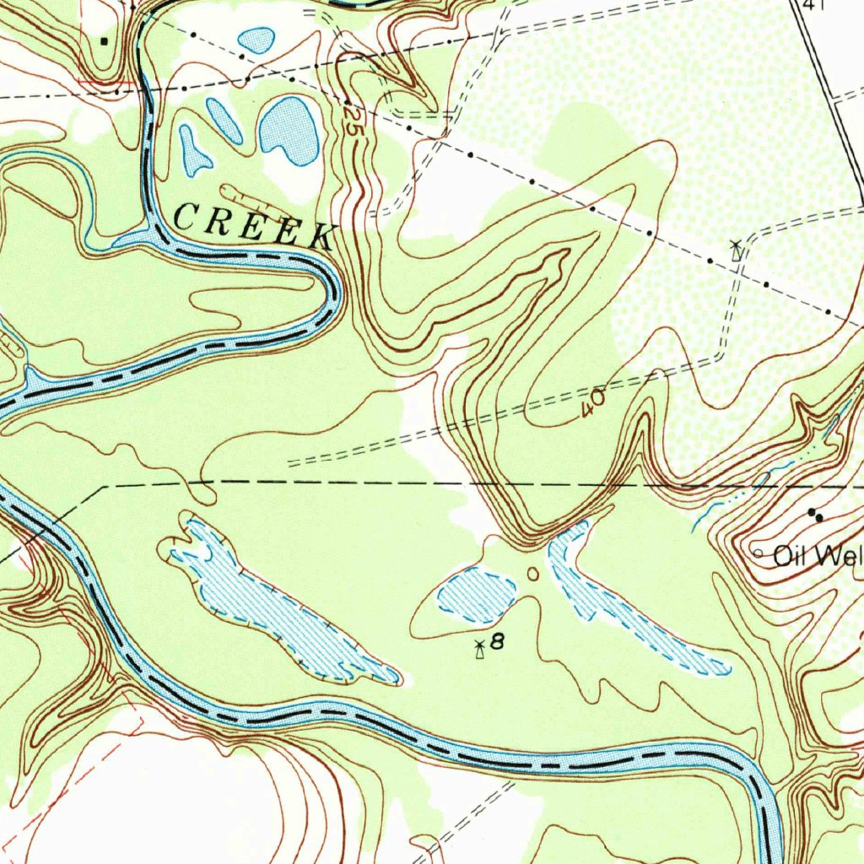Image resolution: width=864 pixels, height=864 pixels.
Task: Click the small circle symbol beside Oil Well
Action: click(758, 553)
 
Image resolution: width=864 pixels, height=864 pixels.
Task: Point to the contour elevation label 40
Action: click(592, 402)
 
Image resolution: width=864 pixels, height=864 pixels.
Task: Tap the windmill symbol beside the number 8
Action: click(479, 648)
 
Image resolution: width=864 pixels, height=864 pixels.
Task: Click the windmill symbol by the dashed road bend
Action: click(737, 249)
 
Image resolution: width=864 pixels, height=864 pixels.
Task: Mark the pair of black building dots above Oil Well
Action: click(815, 513)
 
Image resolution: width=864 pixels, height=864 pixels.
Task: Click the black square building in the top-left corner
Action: click(105, 40)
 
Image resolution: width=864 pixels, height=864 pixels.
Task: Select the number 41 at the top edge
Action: click(813, 5)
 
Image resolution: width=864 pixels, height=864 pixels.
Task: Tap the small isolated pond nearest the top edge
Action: click(256, 39)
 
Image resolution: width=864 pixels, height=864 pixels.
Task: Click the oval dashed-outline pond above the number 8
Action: click(477, 595)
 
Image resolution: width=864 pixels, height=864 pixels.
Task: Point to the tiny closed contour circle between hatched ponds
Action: click(532, 574)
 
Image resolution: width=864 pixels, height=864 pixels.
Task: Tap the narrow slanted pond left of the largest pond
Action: click(224, 120)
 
